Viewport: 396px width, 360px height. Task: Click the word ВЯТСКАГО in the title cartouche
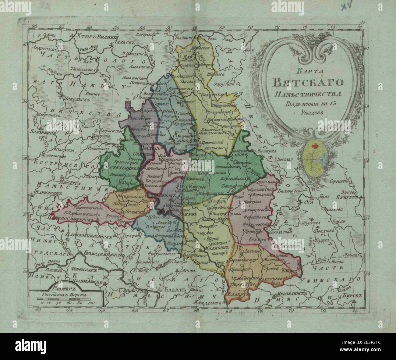point(308,82)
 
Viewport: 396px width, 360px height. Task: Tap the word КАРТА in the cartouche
point(307,73)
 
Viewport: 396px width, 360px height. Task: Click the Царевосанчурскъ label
point(71,219)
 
